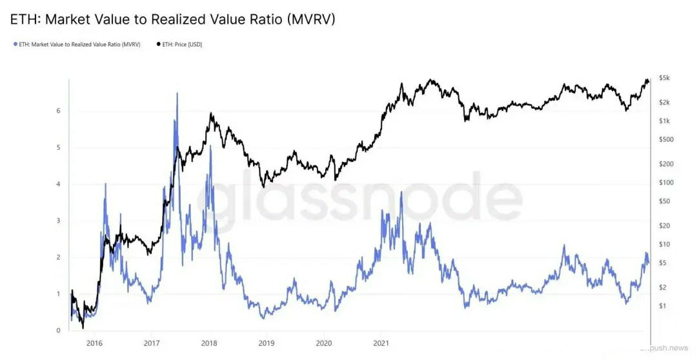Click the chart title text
pos(173,19)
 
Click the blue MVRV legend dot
pos(15,45)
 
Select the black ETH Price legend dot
pos(158,45)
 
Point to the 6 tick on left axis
pos(58,111)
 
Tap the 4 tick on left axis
pos(58,185)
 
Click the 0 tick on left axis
pos(58,331)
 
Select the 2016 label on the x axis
pos(94,343)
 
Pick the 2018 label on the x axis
pos(209,343)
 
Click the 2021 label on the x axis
pos(381,343)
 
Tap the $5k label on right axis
pos(665,78)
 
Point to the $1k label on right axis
pos(665,121)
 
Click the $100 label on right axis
pos(665,183)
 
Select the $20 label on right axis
pos(664,226)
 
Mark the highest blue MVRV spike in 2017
pos(177,94)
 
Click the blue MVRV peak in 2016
pos(105,185)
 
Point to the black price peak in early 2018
pos(211,114)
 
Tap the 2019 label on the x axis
pos(267,343)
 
